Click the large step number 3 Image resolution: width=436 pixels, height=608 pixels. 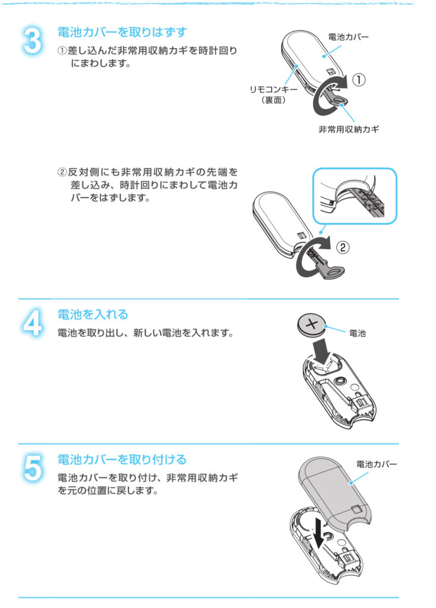coord(32,40)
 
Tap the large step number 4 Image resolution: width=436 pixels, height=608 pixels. coord(32,322)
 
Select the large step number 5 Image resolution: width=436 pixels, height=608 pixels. coord(32,468)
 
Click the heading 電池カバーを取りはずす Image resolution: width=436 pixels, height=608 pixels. coord(122,32)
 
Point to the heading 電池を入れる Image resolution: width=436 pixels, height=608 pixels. coord(93,314)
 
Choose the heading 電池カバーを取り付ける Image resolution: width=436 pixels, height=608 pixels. coord(122,460)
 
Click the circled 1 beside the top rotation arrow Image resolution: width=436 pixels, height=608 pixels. coord(358,80)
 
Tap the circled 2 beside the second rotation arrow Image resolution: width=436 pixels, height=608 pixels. coord(343,247)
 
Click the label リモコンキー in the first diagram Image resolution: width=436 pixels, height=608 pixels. coord(273,90)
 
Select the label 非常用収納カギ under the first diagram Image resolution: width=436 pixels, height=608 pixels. coord(349,129)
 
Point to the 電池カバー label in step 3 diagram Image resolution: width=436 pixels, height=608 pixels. coord(348,37)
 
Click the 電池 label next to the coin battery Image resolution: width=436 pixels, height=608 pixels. coord(357,333)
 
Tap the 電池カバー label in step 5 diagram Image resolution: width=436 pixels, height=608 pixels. coord(377,464)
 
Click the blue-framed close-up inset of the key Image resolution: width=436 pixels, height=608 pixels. coord(355,196)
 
